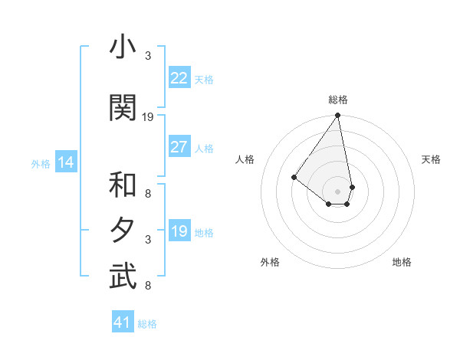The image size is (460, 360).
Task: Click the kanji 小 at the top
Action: [x=122, y=49]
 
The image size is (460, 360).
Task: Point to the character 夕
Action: [x=122, y=230]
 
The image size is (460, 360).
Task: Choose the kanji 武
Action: [x=122, y=277]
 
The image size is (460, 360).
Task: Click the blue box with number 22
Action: [x=179, y=78]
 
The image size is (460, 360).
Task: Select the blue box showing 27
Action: [x=179, y=147]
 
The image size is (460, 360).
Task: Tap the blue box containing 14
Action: [x=65, y=162]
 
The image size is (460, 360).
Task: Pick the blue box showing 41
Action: [x=123, y=322]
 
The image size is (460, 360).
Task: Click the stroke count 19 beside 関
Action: [x=148, y=117]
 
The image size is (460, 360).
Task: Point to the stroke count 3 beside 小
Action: [x=148, y=56]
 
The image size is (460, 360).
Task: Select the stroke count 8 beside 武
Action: [x=148, y=286]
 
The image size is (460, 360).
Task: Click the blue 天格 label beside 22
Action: [x=204, y=79]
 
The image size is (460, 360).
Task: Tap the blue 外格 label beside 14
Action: [x=41, y=163]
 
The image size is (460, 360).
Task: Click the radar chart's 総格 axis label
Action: [x=337, y=100]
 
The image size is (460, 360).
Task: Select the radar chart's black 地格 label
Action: [x=402, y=263]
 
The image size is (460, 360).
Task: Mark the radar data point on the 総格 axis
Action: [x=337, y=116]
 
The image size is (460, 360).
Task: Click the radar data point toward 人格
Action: [x=294, y=177]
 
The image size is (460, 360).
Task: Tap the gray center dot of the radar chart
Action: [x=337, y=191]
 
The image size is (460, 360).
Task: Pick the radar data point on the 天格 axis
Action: [x=352, y=186]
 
